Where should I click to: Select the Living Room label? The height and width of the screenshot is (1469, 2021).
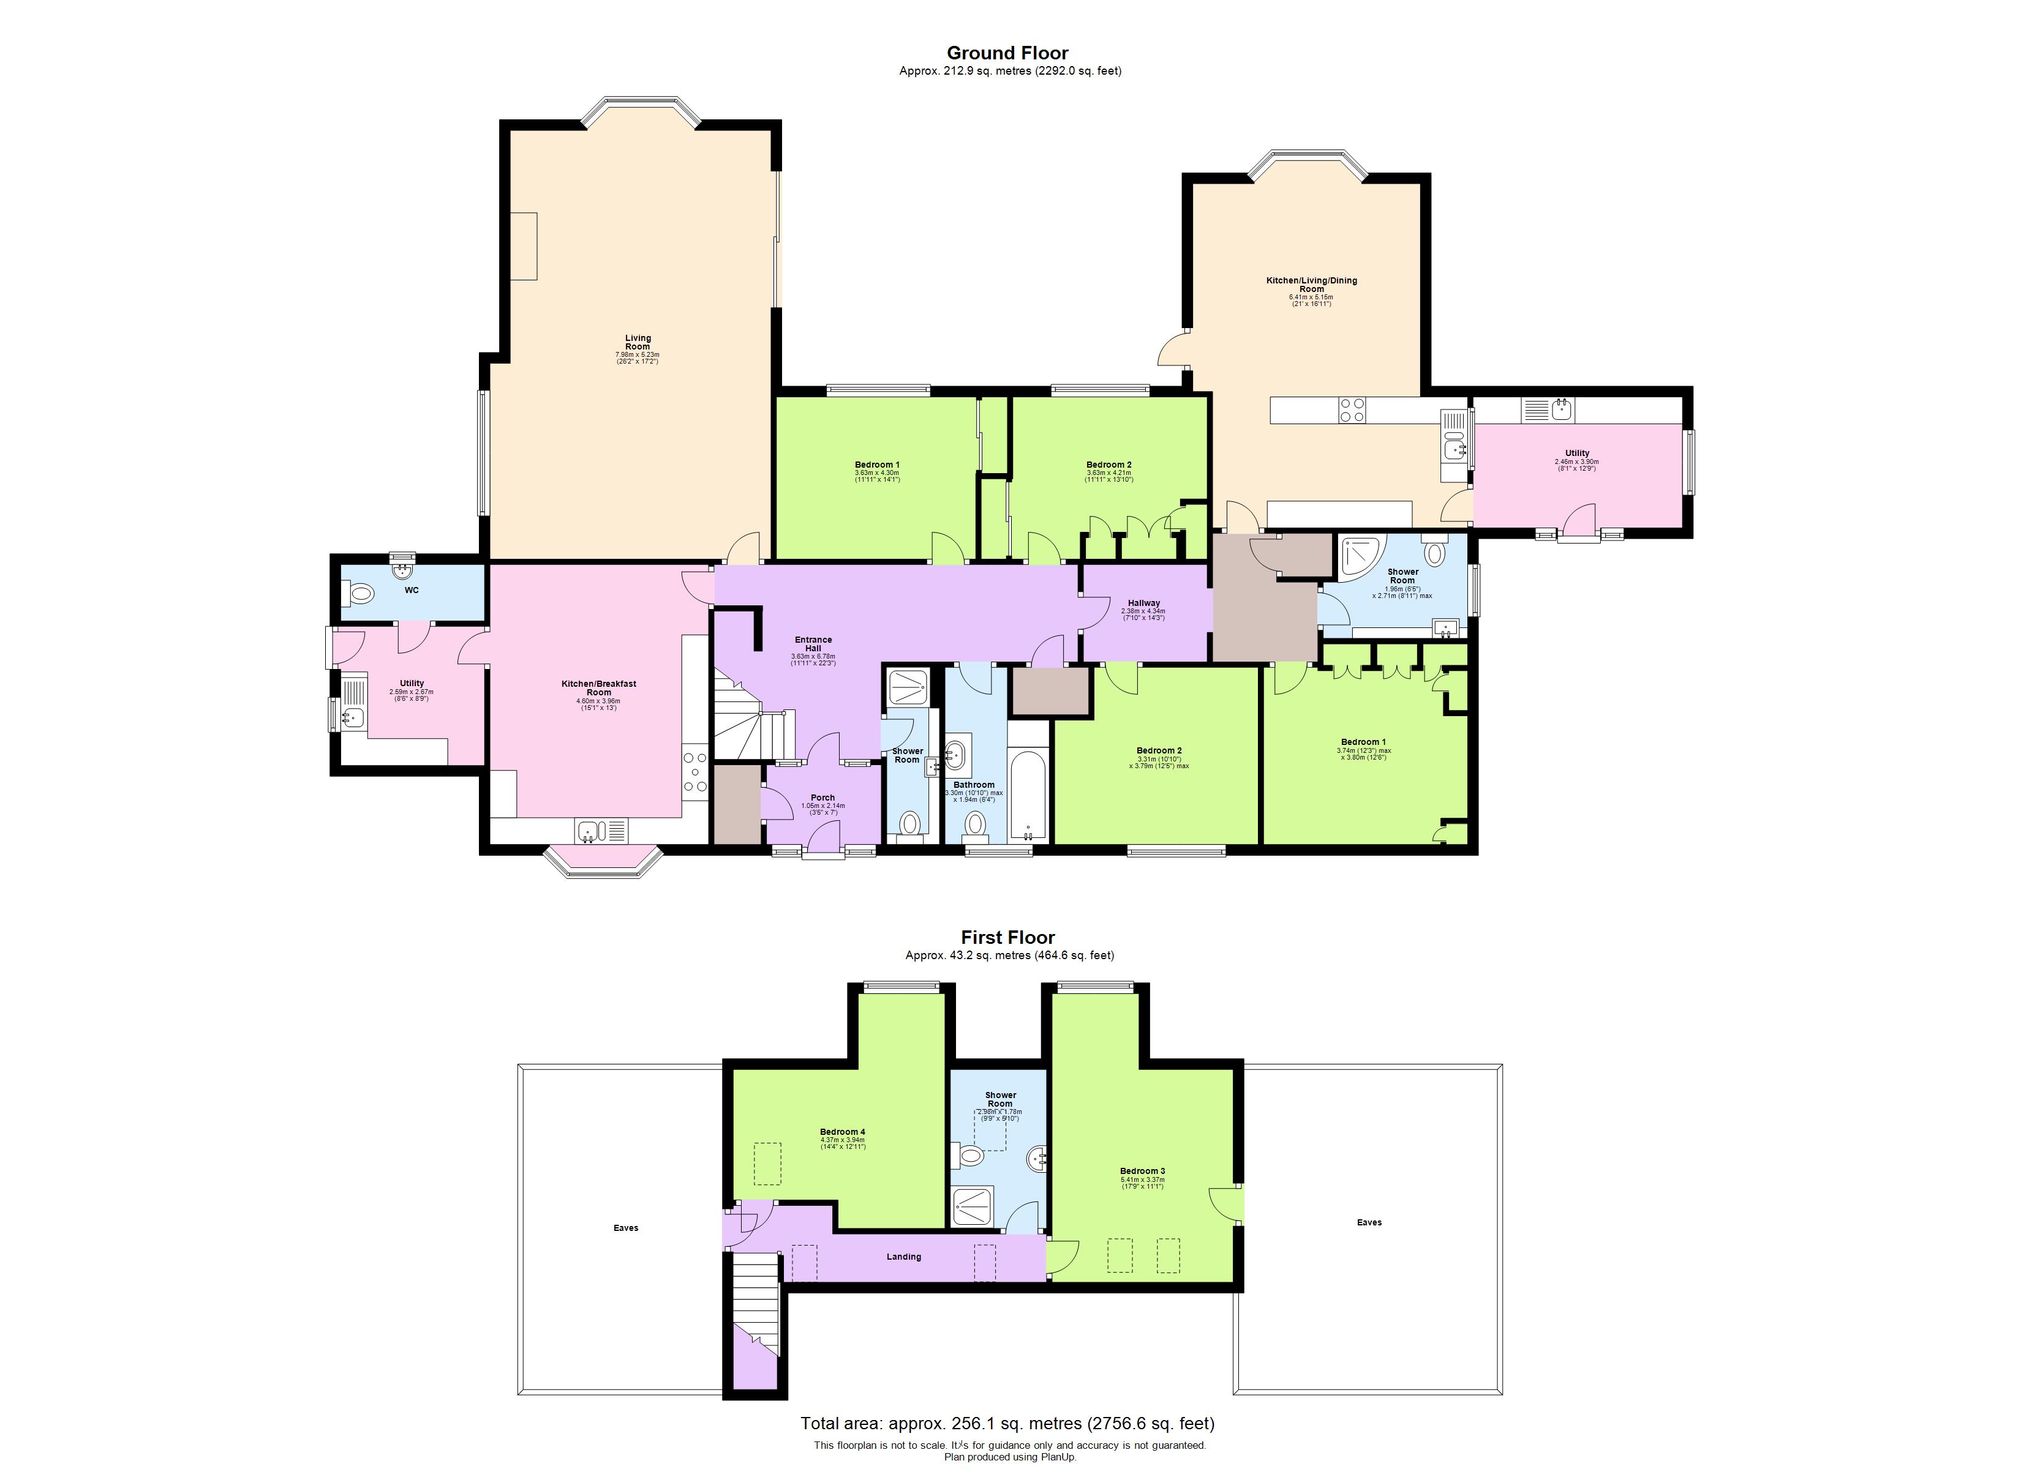coord(638,342)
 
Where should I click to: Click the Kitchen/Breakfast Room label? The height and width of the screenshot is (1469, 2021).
coord(599,688)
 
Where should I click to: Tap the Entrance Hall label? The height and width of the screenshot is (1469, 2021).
coord(813,644)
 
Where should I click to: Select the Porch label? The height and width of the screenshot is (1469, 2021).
coord(822,798)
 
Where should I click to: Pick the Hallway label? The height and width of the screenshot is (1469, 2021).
coord(1143,603)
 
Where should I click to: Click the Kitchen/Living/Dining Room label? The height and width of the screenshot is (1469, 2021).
coord(1312,284)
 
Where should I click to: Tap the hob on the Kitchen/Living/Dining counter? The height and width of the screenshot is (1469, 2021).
coord(1352,409)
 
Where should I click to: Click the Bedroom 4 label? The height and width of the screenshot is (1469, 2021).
coord(842,1132)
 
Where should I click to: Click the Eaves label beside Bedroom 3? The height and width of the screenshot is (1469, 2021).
coord(1369,1222)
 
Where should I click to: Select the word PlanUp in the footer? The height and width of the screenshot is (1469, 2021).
coord(1059,1457)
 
